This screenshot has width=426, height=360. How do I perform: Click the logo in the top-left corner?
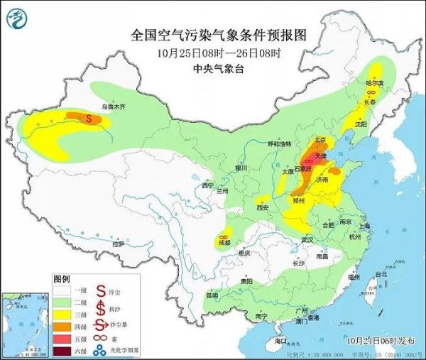pyautogui.click(x=16, y=16)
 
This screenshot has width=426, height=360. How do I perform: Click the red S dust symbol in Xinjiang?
pyautogui.click(x=89, y=119)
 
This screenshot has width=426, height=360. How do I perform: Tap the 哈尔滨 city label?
pyautogui.click(x=374, y=83)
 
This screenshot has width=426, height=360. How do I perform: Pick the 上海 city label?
pyautogui.click(x=365, y=226)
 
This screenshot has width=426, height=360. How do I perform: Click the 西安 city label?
pyautogui.click(x=262, y=208)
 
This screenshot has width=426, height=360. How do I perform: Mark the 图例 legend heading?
pyautogui.click(x=62, y=279)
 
